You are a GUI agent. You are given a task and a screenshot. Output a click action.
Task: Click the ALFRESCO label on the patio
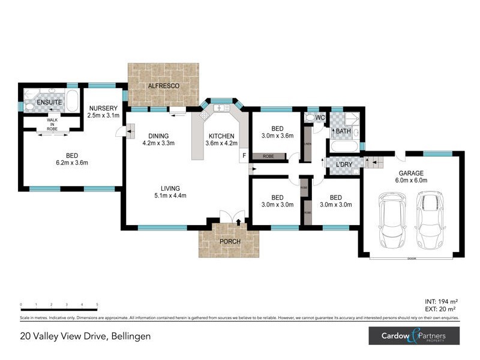[164, 86]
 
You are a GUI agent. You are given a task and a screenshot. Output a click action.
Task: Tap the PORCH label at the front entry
[230, 242]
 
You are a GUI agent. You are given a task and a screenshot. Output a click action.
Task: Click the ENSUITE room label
[49, 103]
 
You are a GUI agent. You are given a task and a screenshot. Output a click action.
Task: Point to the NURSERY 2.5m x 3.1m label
[104, 112]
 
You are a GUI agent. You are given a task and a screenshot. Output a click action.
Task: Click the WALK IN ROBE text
[52, 124]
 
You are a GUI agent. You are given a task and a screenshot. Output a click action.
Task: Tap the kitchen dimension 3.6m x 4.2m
[222, 143]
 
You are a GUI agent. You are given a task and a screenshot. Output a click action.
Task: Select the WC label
[320, 118]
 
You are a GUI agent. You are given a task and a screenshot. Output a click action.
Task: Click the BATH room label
[343, 131]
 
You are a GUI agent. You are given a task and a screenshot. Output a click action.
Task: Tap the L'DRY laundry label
[344, 164]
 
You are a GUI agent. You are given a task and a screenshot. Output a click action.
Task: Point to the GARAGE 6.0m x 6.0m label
[413, 176]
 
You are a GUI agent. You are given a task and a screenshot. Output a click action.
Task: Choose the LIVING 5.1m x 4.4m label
[170, 192]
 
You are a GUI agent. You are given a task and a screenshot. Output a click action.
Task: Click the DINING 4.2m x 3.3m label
[158, 140]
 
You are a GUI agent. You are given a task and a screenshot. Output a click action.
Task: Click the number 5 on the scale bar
[97, 305]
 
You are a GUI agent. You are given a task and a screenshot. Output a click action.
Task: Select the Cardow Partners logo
[414, 336]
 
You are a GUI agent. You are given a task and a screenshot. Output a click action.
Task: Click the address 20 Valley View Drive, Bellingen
[85, 337]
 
